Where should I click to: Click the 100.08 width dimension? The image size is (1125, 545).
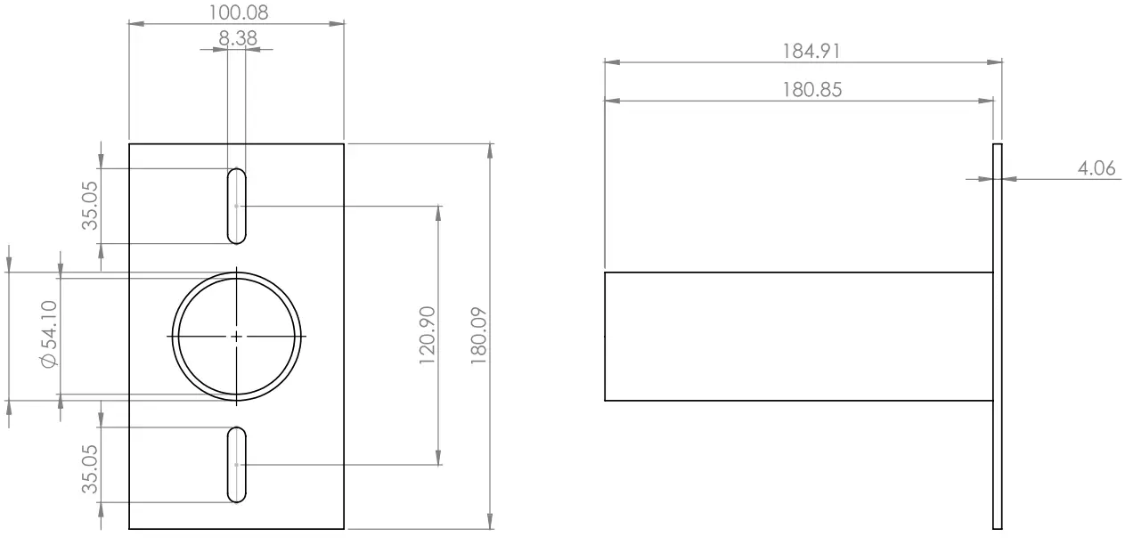tap(237, 12)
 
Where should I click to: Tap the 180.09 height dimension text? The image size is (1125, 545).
tap(479, 336)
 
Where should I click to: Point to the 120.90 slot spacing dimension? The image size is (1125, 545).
tap(427, 336)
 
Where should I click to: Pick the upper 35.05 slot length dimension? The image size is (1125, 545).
tap(90, 206)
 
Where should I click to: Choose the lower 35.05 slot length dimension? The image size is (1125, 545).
tap(90, 465)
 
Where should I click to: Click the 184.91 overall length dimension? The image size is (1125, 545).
tap(811, 51)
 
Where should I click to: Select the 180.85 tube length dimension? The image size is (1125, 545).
tap(812, 89)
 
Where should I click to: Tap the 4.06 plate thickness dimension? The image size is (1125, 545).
tap(1096, 167)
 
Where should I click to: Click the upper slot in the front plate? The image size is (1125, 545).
tap(236, 206)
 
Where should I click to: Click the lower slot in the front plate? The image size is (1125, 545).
tap(236, 465)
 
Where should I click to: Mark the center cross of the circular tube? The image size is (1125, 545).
tap(236, 337)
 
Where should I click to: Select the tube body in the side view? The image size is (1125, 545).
tap(798, 336)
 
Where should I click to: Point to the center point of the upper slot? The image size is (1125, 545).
tap(236, 206)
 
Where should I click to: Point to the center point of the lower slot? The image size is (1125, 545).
tap(236, 465)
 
